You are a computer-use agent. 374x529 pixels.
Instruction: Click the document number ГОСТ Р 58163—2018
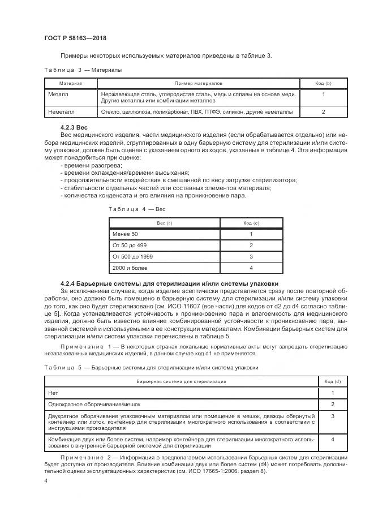click(75, 38)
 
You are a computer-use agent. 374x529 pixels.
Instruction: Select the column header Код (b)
click(323, 83)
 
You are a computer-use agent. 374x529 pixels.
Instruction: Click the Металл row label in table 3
click(58, 94)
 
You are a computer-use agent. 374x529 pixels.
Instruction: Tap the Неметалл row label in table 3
click(61, 112)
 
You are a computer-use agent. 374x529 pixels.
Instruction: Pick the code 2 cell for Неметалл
click(323, 112)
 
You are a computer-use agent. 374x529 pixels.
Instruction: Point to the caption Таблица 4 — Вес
click(136, 209)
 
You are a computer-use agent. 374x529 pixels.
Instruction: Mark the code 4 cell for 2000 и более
click(251, 268)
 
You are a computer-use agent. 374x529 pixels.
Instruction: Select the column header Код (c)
click(251, 223)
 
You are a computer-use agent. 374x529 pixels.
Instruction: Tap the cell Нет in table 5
click(54, 393)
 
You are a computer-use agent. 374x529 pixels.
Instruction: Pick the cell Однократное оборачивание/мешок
click(94, 405)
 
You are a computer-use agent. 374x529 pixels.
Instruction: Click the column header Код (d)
click(333, 382)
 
